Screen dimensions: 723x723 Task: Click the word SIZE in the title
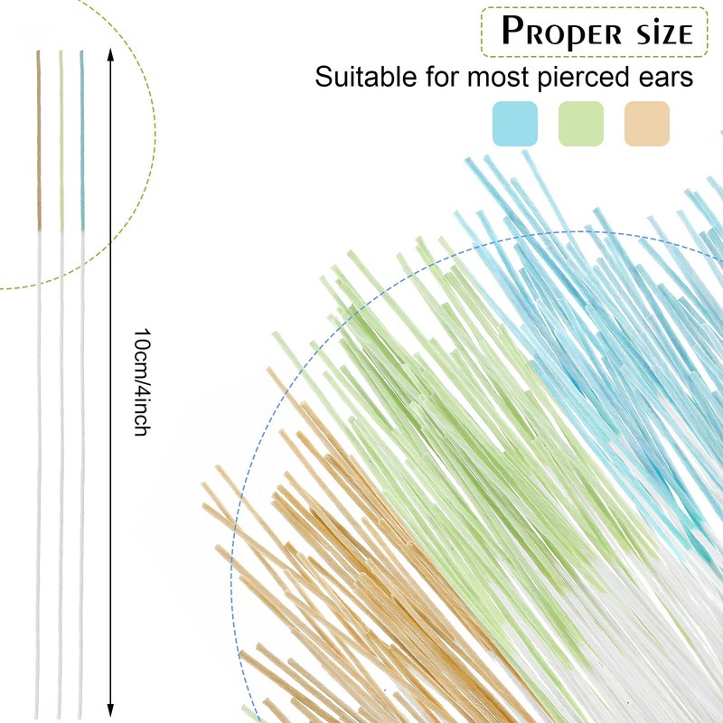[x=658, y=33]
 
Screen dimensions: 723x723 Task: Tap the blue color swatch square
[x=515, y=124]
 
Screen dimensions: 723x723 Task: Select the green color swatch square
[x=581, y=124]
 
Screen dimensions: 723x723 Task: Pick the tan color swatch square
[x=647, y=124]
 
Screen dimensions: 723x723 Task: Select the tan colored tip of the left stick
[x=39, y=136]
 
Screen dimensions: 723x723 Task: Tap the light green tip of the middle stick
[x=61, y=136]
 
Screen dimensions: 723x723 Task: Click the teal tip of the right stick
[x=82, y=136]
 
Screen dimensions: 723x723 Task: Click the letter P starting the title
[x=512, y=32]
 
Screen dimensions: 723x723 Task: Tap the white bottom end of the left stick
[x=38, y=709]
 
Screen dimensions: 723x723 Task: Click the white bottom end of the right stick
[x=82, y=709]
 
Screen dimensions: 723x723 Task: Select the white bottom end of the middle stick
[x=61, y=709]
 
